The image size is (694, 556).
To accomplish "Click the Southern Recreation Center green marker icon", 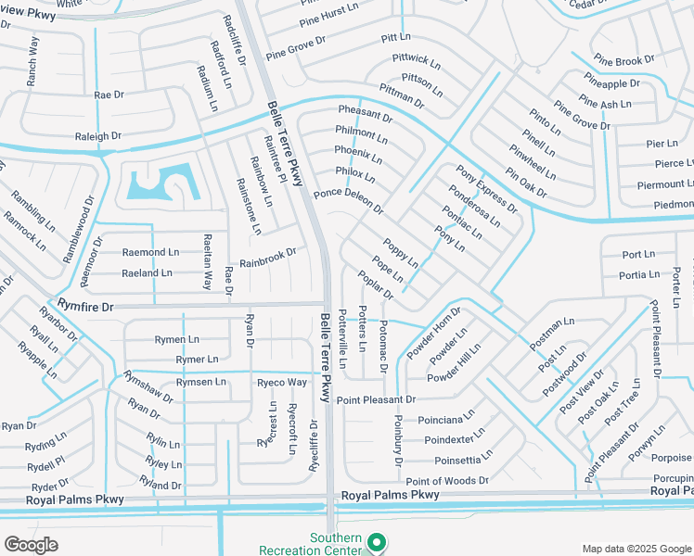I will (376, 541).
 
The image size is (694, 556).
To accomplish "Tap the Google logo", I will (31, 545).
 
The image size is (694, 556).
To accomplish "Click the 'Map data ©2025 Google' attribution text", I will (636, 549).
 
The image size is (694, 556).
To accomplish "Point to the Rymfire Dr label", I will (84, 306).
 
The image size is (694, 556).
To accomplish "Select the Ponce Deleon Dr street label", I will (348, 200).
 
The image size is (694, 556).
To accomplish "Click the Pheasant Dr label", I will (365, 115).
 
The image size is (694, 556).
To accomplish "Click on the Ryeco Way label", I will (282, 382).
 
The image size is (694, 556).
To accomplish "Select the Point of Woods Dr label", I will (446, 480).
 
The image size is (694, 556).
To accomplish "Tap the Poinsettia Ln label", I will (469, 460).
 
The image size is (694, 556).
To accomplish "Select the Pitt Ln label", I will (395, 37).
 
